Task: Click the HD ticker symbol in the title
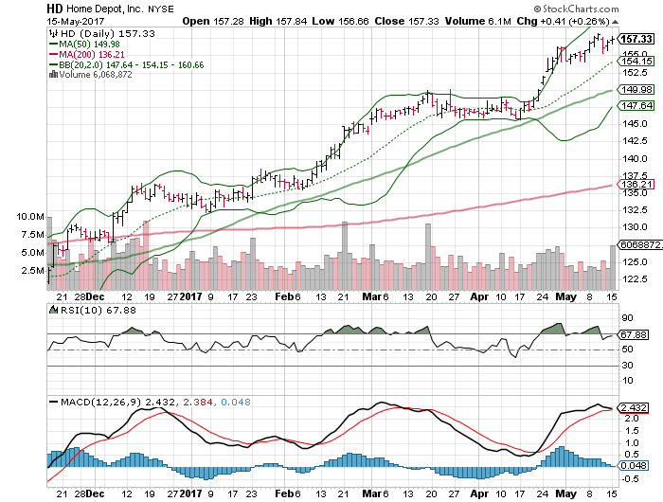point(57,7)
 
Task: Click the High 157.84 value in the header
point(288,20)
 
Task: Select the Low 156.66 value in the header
point(364,20)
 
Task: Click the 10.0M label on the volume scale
point(30,217)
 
